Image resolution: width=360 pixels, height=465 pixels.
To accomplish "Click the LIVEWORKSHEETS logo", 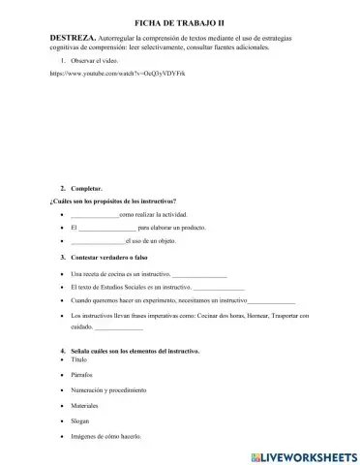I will [295, 454].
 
